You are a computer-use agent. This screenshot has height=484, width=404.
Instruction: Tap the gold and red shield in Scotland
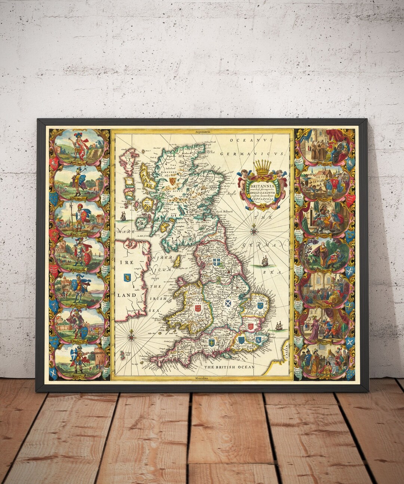click(x=172, y=181)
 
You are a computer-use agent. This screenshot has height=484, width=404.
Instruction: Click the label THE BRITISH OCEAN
click(x=229, y=367)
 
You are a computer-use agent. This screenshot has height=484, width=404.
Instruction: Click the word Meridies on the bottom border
click(x=202, y=378)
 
